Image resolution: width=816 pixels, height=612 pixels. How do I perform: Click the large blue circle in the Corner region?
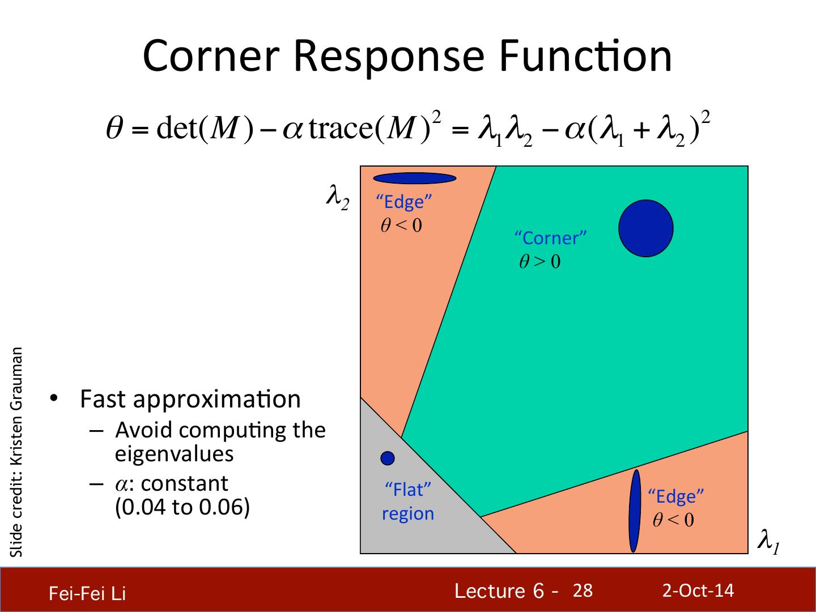(645, 228)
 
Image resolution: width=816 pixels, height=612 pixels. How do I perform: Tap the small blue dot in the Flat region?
(388, 457)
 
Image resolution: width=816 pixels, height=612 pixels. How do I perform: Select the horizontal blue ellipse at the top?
(414, 178)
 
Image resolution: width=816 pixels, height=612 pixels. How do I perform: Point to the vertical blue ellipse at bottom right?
(635, 511)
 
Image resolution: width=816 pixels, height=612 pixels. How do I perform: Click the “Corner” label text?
(550, 237)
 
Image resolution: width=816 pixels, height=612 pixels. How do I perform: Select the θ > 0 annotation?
(540, 262)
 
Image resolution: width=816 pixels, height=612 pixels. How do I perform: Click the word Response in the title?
(388, 56)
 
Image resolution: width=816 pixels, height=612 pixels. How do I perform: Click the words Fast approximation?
(190, 399)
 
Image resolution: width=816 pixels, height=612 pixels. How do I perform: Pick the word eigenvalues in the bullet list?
(175, 454)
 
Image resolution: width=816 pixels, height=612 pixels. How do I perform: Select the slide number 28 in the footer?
(583, 591)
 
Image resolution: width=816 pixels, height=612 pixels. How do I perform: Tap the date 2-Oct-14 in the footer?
(698, 590)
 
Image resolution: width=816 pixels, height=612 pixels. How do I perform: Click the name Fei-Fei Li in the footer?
(87, 593)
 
